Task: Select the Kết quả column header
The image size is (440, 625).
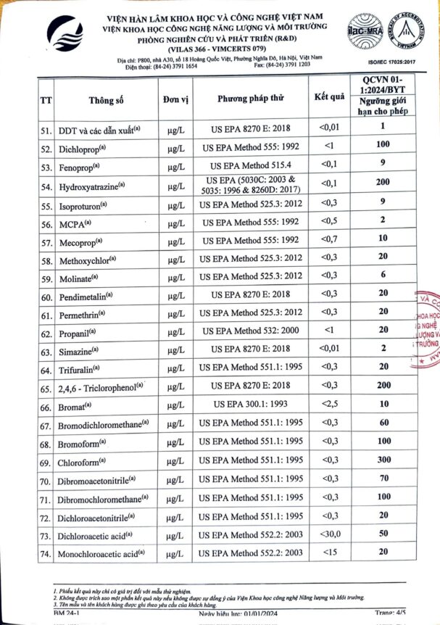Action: [x=328, y=97]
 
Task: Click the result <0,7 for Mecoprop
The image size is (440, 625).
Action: [x=329, y=239]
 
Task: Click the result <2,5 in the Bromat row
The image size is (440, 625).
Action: [x=329, y=403]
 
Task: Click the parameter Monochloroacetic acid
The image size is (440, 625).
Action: [x=99, y=555]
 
